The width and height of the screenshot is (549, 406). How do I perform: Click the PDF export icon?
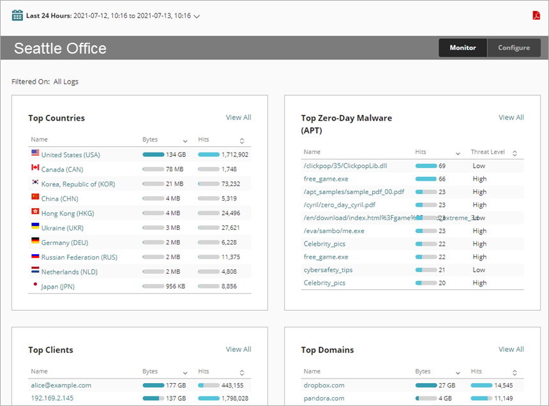click(x=536, y=15)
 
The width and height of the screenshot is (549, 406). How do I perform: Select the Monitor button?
click(x=462, y=48)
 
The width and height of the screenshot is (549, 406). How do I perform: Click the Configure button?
click(x=514, y=48)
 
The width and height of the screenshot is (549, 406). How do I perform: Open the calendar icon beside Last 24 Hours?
click(x=17, y=15)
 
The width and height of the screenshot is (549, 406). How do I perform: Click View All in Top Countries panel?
click(x=238, y=117)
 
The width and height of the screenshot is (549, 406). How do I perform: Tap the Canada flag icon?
click(x=35, y=168)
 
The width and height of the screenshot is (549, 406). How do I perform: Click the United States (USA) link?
click(x=70, y=154)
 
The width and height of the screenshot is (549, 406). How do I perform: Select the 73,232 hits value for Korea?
click(x=230, y=184)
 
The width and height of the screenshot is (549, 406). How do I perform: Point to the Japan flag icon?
click(x=35, y=285)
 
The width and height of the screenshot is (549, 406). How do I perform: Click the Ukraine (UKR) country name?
click(x=62, y=228)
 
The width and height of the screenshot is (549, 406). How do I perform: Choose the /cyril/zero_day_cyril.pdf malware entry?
click(x=339, y=205)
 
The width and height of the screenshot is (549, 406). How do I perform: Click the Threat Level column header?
click(x=488, y=152)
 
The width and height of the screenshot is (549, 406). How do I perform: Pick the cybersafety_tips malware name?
click(x=327, y=270)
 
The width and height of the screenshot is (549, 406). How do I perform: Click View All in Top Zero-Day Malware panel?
click(x=511, y=117)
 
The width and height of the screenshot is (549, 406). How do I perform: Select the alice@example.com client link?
click(x=61, y=385)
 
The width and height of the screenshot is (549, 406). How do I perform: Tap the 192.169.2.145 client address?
click(x=52, y=398)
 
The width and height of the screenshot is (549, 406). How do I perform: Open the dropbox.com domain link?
click(x=324, y=385)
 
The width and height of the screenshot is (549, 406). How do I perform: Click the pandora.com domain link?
click(x=324, y=398)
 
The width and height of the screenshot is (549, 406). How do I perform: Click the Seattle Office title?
click(x=60, y=49)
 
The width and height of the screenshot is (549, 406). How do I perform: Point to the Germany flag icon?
click(x=35, y=241)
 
